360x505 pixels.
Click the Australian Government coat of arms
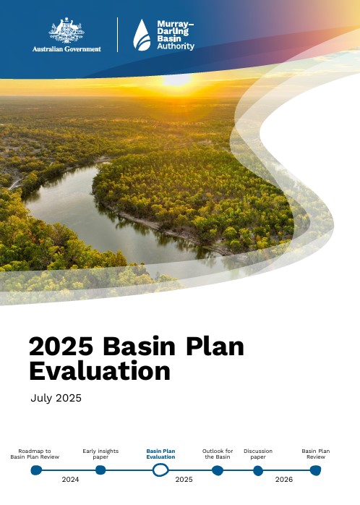click(x=67, y=30)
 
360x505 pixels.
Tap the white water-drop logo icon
click(x=142, y=35)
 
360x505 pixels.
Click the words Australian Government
click(x=67, y=49)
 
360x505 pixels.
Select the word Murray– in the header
click(x=175, y=24)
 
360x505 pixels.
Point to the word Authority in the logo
click(x=176, y=46)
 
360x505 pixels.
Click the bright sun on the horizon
click(x=176, y=80)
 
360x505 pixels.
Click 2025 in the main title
click(x=61, y=347)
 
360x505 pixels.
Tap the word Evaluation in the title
click(x=100, y=371)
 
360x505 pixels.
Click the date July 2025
click(x=56, y=398)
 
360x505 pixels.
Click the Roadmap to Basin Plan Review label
click(x=35, y=454)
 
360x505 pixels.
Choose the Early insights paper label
click(x=100, y=454)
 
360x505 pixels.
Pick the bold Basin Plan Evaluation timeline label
click(x=160, y=454)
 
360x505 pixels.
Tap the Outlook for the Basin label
click(x=218, y=454)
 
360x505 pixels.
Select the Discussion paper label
click(x=258, y=454)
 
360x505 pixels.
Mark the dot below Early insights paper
click(x=100, y=470)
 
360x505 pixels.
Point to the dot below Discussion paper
click(x=258, y=470)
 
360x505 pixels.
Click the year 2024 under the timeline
click(x=70, y=480)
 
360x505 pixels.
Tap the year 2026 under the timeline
click(x=284, y=480)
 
